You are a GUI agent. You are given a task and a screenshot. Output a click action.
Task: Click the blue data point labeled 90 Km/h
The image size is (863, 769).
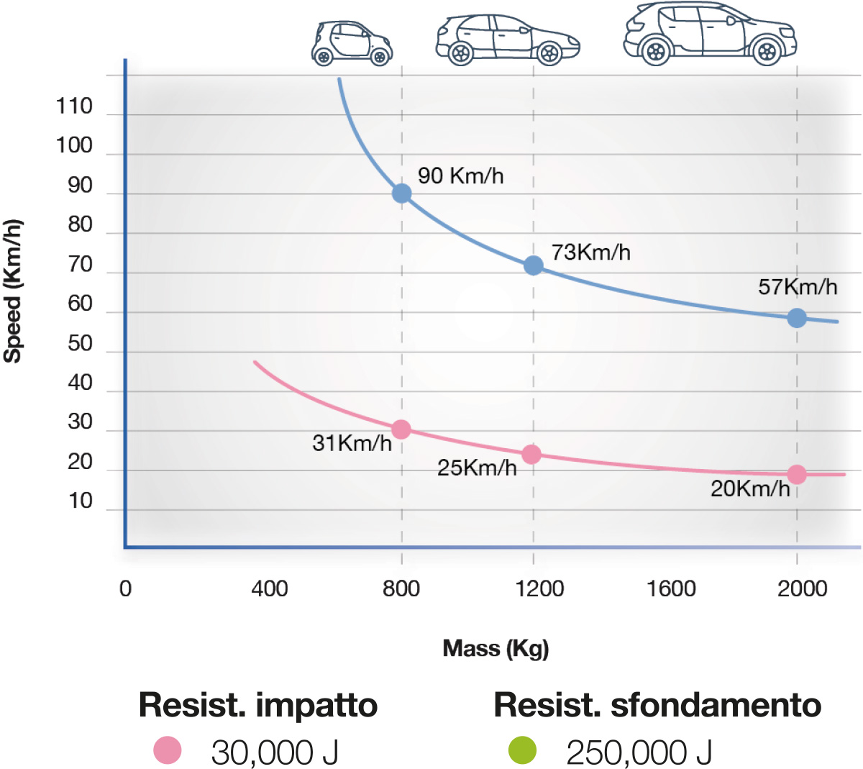401,194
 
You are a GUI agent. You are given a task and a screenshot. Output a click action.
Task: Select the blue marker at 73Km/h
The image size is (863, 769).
533,265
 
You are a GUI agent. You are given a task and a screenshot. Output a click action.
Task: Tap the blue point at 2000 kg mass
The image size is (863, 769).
796,317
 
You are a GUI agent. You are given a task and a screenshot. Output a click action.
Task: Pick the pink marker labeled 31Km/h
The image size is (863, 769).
401,429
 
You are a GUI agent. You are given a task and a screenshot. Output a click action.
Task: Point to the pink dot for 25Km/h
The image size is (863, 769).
531,454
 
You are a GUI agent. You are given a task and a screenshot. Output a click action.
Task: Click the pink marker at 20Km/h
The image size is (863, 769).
796,474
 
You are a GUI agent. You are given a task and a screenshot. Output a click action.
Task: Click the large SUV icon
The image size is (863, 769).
710,33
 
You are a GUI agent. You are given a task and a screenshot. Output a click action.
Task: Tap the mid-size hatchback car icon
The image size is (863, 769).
507,39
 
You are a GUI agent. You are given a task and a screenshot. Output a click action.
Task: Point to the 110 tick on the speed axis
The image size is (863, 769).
75,106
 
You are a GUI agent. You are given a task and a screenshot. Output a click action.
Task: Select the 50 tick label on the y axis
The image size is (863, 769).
80,343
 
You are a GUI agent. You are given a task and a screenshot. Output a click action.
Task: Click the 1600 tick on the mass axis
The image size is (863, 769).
670,588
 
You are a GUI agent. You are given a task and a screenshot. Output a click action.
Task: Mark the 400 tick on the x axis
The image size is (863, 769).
269,588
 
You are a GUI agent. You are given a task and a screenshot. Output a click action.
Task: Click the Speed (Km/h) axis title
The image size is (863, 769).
13,291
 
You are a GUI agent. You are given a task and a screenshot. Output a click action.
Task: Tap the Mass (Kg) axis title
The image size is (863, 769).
496,648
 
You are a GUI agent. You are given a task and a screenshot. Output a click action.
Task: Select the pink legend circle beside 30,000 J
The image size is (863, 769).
168,750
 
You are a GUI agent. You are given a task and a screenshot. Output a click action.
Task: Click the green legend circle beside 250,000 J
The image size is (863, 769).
522,750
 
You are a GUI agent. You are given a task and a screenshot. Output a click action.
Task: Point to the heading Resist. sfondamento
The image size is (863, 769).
657,705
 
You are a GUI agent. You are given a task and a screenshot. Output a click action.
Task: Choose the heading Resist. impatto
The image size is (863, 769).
257,705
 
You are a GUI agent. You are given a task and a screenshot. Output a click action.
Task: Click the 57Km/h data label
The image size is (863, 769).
798,287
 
